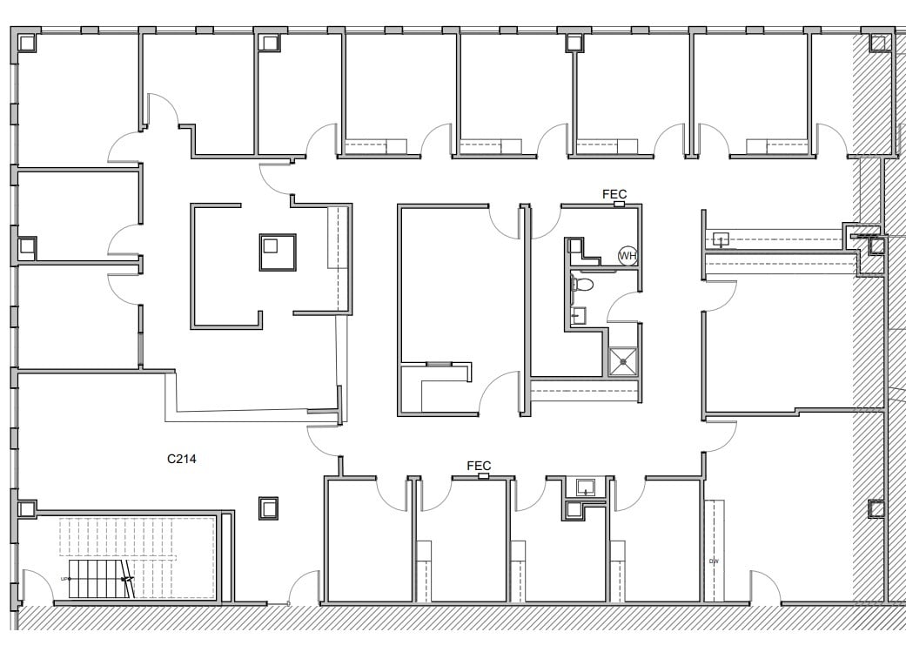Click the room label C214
click(181, 458)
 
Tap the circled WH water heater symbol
click(627, 256)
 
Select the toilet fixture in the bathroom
click(584, 285)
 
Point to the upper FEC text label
click(614, 194)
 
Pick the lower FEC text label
click(480, 466)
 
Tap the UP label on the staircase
click(64, 579)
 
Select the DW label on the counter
click(714, 561)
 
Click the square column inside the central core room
click(278, 252)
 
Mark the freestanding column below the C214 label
click(268, 507)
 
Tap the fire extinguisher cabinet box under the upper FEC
click(619, 205)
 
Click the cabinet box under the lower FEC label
click(484, 476)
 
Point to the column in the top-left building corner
click(26, 42)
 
